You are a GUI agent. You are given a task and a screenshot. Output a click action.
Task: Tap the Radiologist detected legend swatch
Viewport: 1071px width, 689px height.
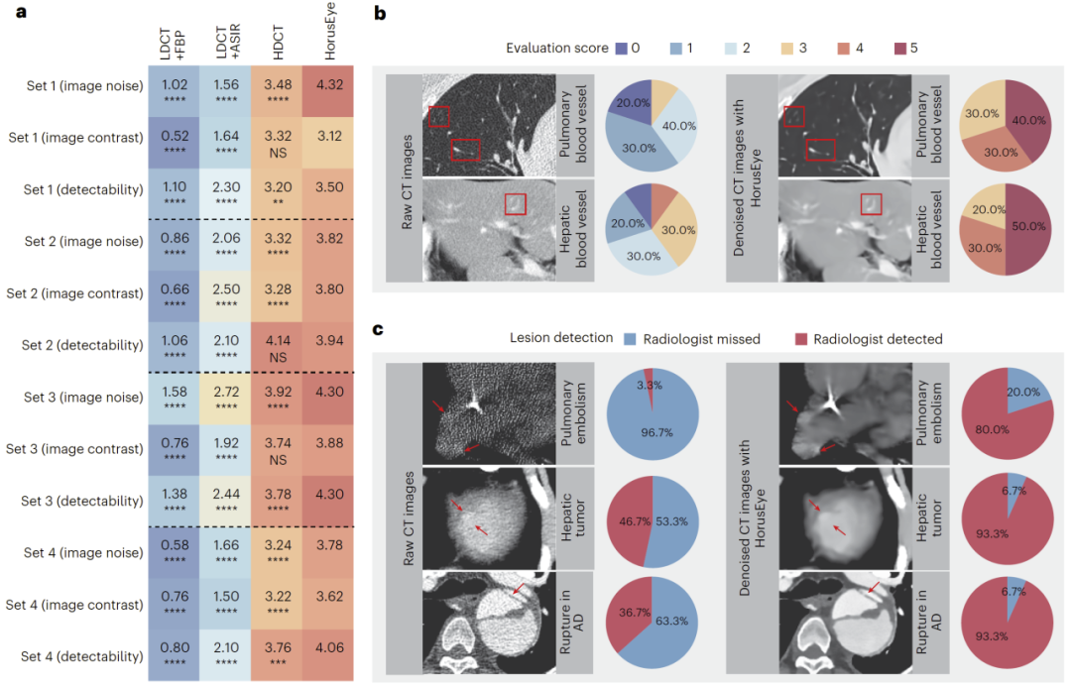coord(799,338)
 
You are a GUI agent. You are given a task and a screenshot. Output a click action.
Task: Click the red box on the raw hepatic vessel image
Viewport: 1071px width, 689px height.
coord(515,203)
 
